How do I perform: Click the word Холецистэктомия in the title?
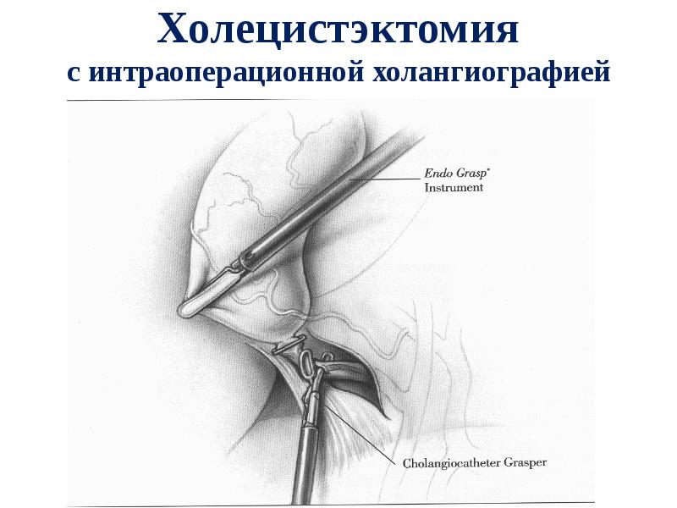coord(338,32)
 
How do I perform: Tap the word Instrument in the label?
coord(454,188)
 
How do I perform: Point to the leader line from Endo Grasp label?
coord(385,179)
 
